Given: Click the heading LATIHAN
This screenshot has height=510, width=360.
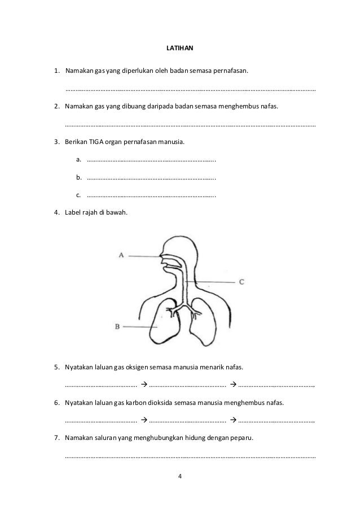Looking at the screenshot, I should click(x=179, y=49).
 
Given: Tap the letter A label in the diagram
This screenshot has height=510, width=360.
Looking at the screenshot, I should click(x=121, y=255).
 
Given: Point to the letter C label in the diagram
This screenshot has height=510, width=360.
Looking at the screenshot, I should click(x=242, y=281).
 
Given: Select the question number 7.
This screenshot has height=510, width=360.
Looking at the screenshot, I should click(x=56, y=438).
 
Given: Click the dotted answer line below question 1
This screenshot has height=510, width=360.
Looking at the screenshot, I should click(x=191, y=89).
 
